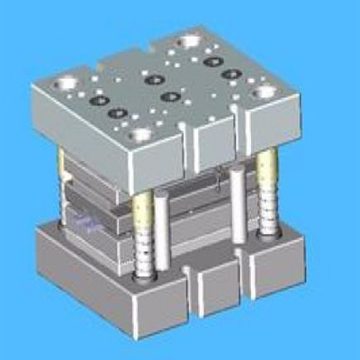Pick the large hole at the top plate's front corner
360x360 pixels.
[141, 136]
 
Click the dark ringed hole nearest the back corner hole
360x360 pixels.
[213, 61]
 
